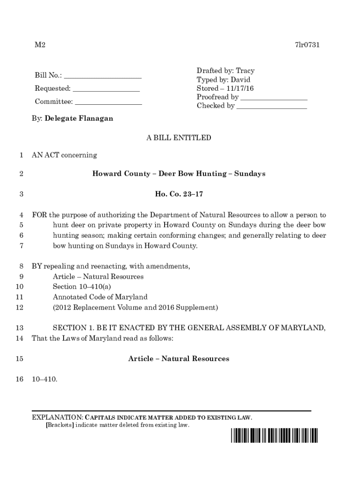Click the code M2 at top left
[40, 45]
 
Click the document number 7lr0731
[307, 45]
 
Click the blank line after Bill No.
[103, 76]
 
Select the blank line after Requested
[106, 89]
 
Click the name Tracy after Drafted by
[245, 71]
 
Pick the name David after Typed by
[240, 80]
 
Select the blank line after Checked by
[272, 106]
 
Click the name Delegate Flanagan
[79, 119]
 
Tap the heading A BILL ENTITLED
[179, 138]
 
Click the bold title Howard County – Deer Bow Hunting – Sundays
[179, 174]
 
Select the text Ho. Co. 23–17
[179, 194]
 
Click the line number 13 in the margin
[20, 328]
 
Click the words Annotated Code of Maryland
[100, 297]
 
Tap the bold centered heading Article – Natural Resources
[179, 359]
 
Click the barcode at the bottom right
[274, 435]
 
